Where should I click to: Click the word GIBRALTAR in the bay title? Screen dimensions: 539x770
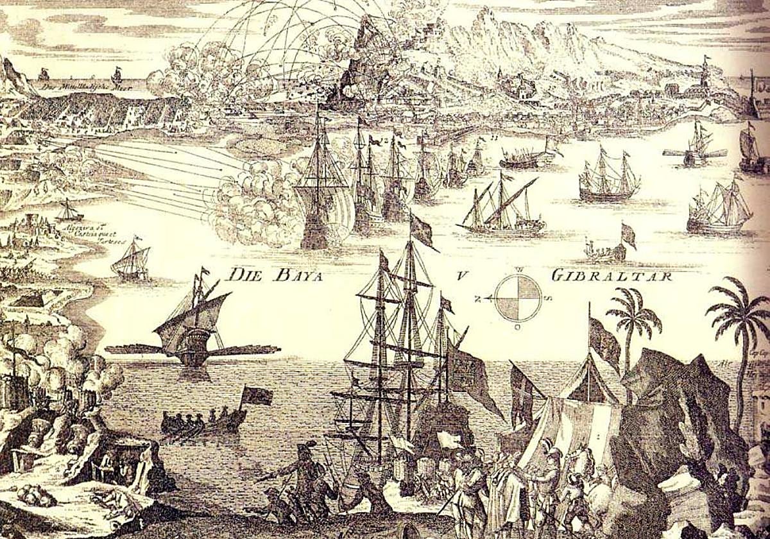611,277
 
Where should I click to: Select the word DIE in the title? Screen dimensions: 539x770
241,275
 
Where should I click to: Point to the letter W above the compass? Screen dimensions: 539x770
518,269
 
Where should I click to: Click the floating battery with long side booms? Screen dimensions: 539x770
193,340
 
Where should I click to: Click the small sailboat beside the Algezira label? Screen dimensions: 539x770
69,212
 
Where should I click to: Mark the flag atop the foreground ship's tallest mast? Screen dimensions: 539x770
422,230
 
